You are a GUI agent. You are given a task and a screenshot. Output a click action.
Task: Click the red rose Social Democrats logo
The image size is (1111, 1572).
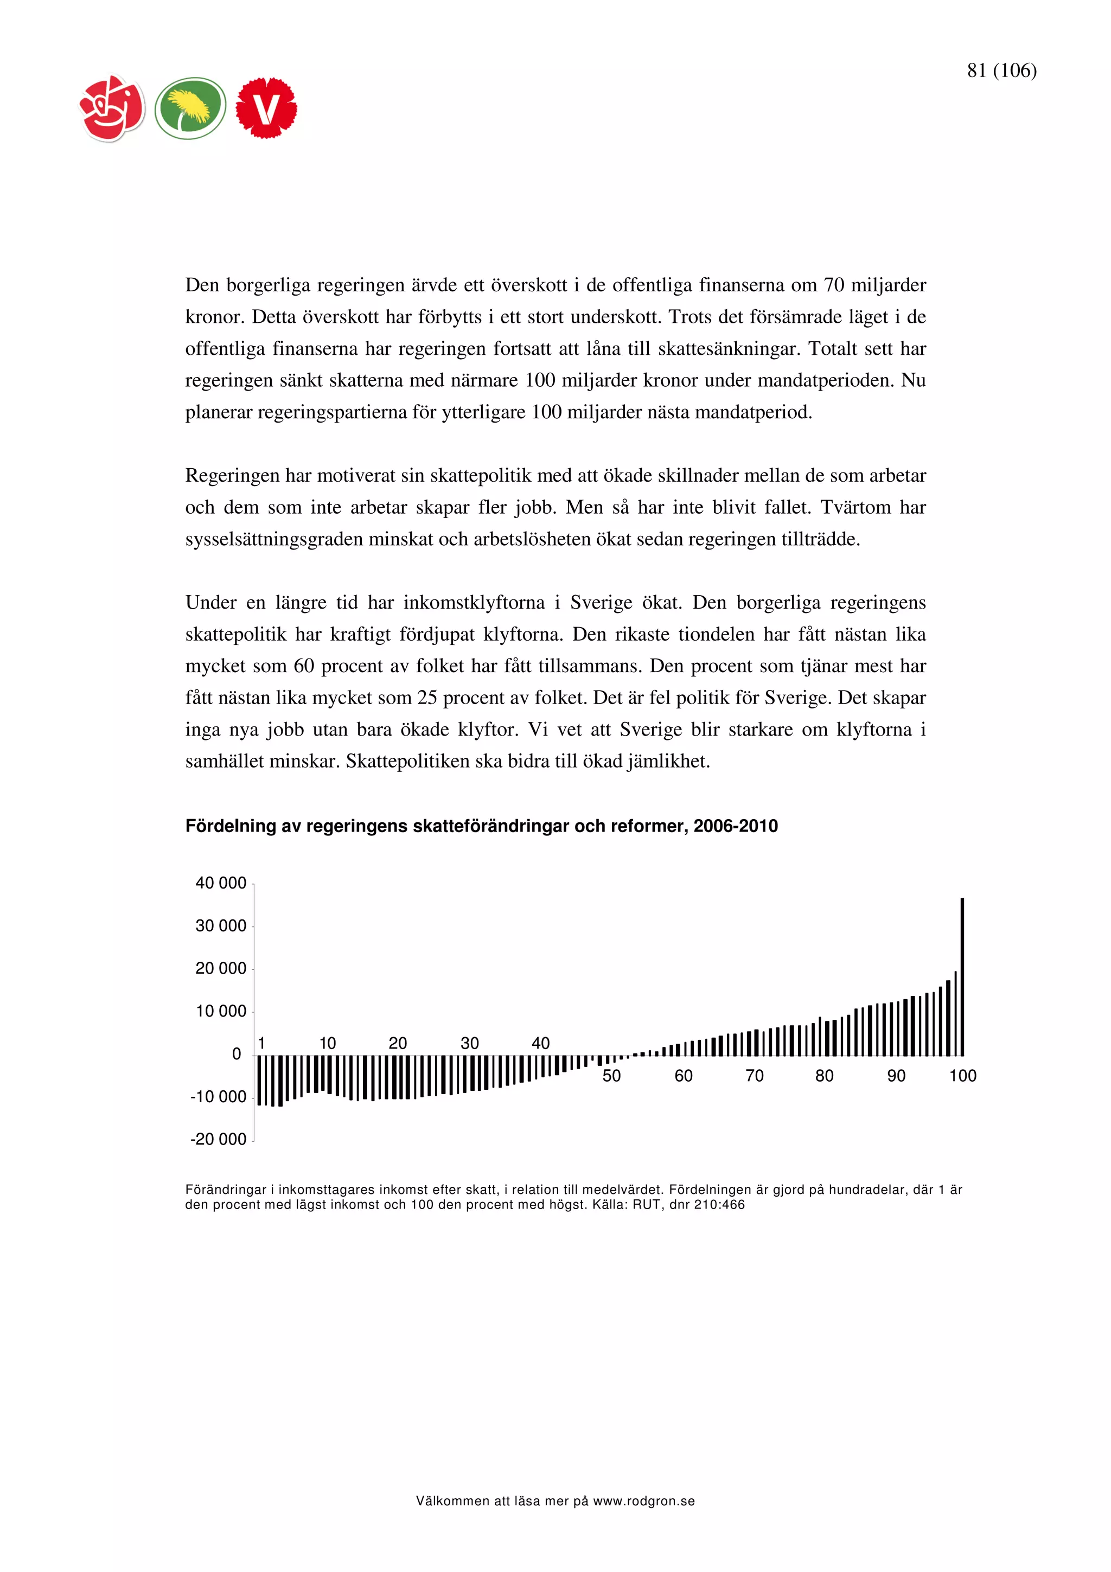coord(112,108)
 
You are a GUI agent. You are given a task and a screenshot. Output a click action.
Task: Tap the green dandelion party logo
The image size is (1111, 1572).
coord(190,108)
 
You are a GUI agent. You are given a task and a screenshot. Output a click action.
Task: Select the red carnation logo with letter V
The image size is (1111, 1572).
coord(266,108)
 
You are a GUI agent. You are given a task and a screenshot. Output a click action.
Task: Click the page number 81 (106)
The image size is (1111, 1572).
coord(1001,71)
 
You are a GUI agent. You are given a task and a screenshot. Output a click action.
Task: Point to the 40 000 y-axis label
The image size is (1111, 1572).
coord(220,883)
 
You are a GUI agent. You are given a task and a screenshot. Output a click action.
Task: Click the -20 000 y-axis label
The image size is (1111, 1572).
coord(219,1139)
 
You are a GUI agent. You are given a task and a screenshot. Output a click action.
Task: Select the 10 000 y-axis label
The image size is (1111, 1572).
coord(220,1011)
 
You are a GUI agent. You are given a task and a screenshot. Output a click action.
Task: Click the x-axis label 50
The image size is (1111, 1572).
coord(611,1076)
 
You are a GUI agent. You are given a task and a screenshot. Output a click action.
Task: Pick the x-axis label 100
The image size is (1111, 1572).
coord(962,1076)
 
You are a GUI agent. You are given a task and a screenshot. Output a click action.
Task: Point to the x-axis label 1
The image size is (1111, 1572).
coord(261,1044)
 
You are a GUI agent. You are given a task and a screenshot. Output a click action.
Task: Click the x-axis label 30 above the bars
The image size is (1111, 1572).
coord(470,1044)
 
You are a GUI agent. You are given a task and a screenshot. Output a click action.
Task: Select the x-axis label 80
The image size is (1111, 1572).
coord(824,1076)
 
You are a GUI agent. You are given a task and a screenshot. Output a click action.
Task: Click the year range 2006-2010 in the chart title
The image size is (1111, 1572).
coord(735,826)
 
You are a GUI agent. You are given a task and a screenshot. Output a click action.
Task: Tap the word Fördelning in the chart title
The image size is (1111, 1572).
coord(228,826)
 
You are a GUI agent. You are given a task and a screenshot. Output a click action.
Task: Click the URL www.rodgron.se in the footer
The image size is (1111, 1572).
coord(643,1501)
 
